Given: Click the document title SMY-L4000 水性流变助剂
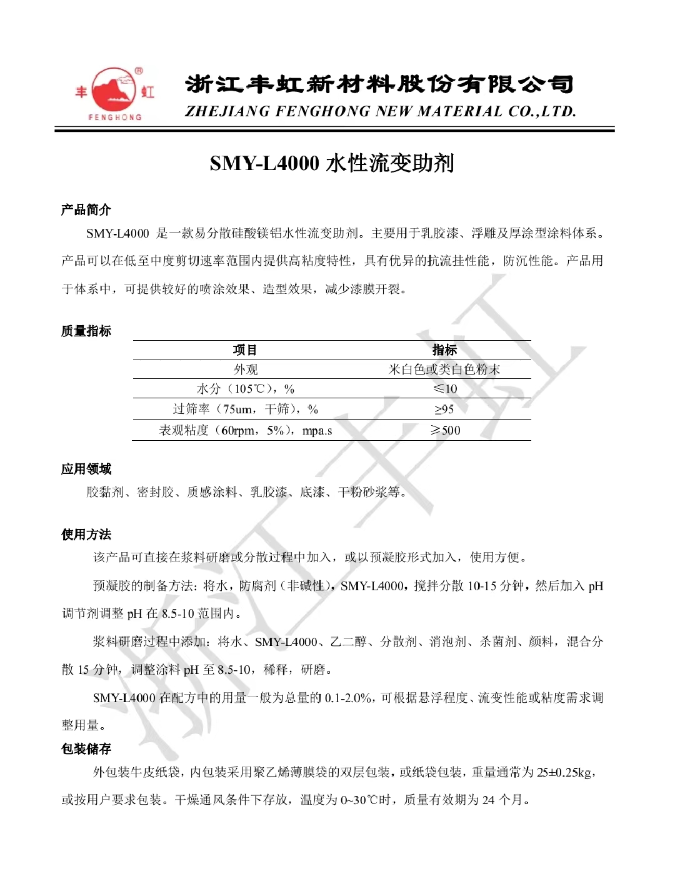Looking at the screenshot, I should point(332,163).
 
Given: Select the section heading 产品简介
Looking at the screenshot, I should point(86,209).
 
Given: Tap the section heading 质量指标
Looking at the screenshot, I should point(86,331).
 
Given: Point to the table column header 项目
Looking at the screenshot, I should point(245,350).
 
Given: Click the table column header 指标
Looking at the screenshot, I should point(444,350).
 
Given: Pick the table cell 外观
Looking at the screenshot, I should point(246,370).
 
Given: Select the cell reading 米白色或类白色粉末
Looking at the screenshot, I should point(444,370).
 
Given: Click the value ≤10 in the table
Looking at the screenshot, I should point(444,389).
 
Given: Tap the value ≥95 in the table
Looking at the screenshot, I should point(444,410).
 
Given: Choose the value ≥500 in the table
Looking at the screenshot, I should point(445,430).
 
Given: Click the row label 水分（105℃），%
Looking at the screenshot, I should point(246,389).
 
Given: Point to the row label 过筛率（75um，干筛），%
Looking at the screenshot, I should point(246,410).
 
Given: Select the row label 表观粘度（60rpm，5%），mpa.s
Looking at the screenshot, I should point(246,430).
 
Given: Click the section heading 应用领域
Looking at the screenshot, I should point(86,469).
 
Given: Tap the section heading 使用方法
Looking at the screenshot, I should point(86,535).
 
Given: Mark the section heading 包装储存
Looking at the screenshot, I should point(86,748).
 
